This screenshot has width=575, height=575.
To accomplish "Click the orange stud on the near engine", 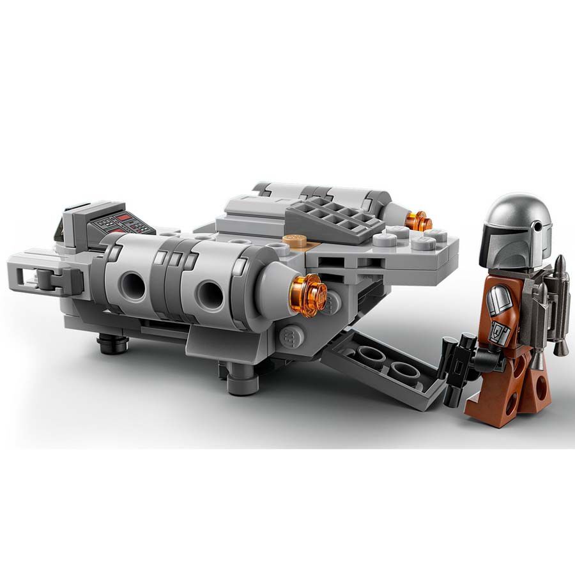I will click(311, 295).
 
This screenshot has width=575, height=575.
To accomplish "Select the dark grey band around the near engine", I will click(172, 281).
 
